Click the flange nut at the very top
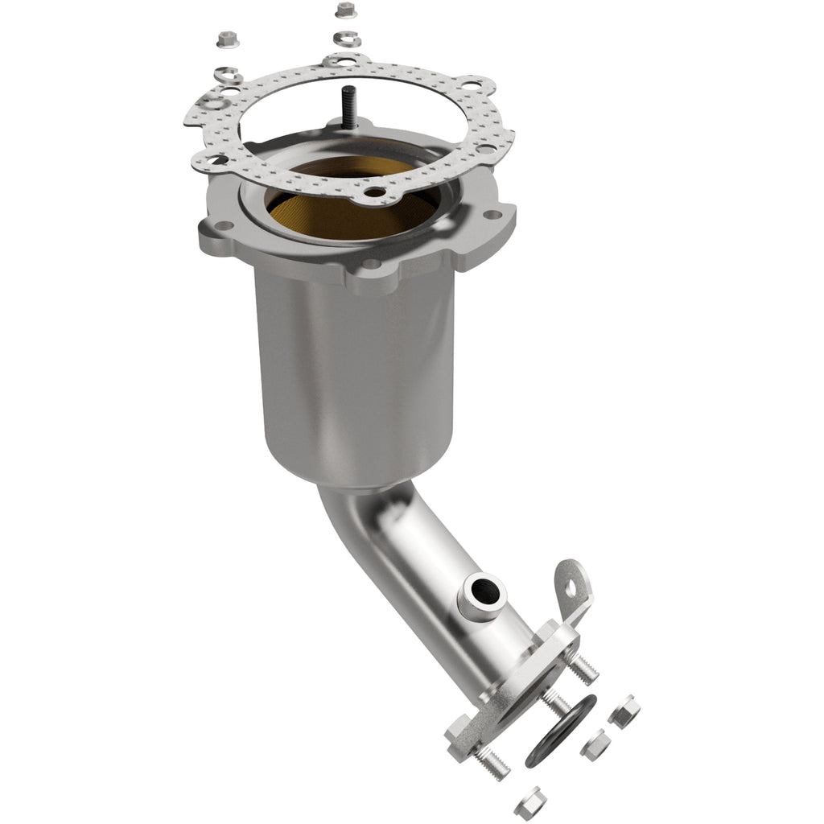click(345, 10)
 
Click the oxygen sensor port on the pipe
click(483, 595)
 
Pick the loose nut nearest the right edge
click(624, 711)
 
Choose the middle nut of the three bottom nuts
click(595, 745)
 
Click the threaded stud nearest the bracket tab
click(583, 669)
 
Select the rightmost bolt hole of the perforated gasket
click(486, 148)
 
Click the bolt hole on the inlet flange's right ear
click(490, 215)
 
